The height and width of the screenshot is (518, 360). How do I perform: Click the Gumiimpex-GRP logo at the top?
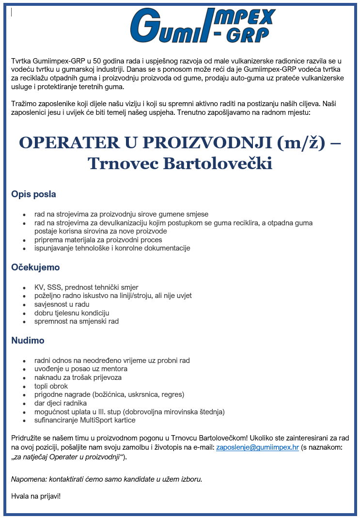tap(203, 25)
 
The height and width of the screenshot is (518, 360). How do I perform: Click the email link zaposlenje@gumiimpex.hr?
tap(257, 447)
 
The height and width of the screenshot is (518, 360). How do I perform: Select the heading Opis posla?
tap(33, 194)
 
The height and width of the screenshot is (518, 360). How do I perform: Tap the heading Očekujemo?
tap(35, 267)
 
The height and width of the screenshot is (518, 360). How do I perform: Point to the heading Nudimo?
tap(28, 341)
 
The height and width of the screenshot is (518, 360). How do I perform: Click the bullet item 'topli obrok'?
tap(51, 386)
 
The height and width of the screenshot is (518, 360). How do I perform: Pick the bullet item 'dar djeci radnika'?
tap(61, 403)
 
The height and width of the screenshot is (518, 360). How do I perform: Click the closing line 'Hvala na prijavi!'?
tap(36, 496)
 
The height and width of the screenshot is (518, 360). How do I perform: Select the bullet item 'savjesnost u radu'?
tap(62, 304)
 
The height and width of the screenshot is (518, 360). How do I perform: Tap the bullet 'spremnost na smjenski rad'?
tap(76, 321)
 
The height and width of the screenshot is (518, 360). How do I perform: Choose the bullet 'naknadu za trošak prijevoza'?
tap(78, 377)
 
